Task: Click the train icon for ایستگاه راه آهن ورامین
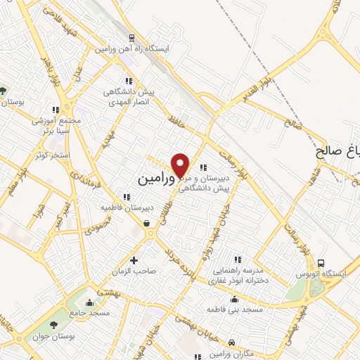[131, 38]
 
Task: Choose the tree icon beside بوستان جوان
[54, 325]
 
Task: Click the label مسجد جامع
[89, 311]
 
